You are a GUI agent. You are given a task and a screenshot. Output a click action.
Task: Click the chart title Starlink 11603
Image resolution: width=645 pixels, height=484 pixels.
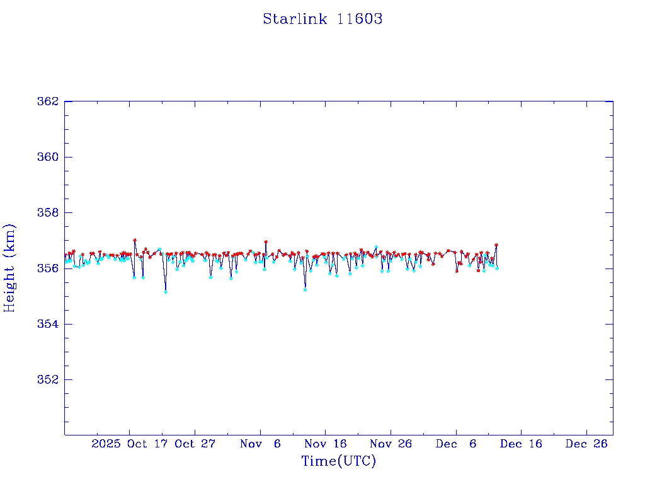point(322,19)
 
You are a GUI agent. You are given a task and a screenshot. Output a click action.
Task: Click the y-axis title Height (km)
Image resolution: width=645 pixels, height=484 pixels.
point(9,268)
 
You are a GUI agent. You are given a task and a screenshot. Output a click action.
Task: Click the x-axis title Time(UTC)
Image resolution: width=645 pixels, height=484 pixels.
point(338,461)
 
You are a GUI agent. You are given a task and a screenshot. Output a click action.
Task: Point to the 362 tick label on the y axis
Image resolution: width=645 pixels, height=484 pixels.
point(48,101)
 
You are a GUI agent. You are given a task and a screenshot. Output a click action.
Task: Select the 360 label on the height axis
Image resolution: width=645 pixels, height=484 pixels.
point(48,157)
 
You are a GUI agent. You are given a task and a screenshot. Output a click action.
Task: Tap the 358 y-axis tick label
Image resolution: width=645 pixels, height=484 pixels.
point(48,213)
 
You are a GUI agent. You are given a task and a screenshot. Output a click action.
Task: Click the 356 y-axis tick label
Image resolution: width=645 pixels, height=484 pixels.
point(48,268)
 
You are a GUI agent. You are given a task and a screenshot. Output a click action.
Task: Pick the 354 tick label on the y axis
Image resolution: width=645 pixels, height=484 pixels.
point(48,324)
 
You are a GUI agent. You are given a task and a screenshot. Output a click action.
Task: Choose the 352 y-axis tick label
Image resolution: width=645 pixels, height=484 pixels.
point(48,380)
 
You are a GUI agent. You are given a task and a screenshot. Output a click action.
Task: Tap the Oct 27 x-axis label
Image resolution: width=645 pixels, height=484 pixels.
point(195,444)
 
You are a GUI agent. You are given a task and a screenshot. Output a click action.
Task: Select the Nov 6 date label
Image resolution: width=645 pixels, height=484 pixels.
point(260,444)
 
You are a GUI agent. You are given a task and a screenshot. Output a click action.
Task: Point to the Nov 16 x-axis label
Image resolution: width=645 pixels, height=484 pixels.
point(326,444)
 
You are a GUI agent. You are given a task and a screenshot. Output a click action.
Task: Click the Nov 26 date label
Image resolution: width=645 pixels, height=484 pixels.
point(391,444)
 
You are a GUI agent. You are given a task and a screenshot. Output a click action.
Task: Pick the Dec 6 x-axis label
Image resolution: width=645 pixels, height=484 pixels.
point(456,444)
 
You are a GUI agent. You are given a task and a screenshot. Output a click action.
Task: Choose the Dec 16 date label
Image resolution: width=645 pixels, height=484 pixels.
point(521,444)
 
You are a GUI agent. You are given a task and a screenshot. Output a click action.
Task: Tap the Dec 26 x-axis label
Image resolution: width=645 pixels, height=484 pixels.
point(586,444)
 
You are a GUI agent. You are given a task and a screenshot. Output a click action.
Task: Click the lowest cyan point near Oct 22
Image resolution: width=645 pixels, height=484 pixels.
point(166,292)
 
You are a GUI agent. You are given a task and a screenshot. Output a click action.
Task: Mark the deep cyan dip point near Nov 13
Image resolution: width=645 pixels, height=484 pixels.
point(305,290)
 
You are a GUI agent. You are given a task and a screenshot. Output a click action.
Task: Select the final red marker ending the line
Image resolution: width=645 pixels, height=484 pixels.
point(496,245)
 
